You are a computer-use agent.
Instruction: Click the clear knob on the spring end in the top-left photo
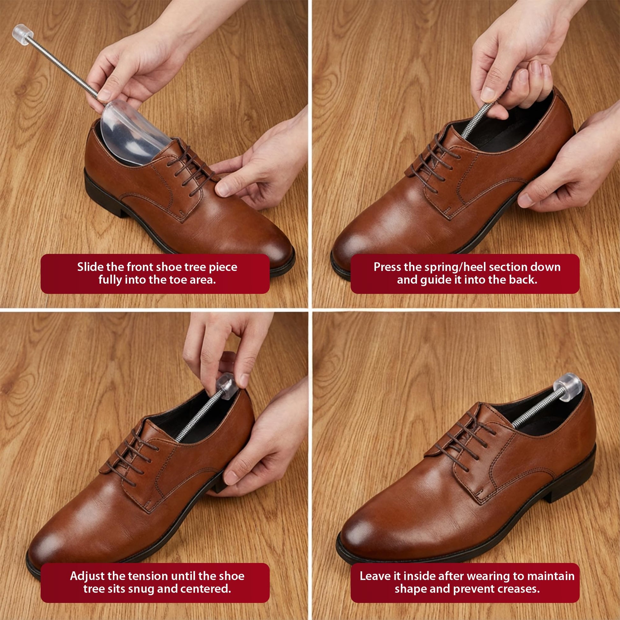click(23, 34)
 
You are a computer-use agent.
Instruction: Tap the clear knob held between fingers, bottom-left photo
click(227, 387)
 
